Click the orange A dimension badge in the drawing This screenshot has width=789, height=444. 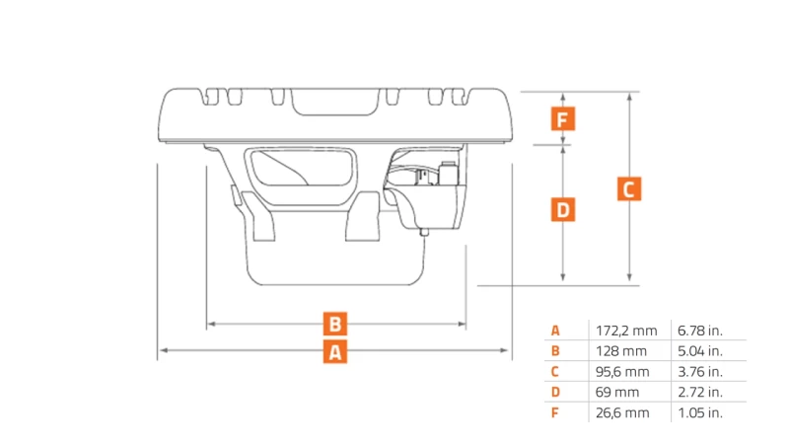335,351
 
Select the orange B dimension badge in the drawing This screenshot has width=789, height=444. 335,324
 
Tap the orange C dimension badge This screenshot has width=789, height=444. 629,188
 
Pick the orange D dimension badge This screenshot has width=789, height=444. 563,209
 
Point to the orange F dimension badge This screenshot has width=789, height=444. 563,118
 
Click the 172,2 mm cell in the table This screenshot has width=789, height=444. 626,331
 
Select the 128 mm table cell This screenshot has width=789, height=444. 621,351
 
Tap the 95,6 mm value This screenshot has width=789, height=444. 622,372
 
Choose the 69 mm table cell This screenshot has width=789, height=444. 617,392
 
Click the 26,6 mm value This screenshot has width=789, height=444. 622,412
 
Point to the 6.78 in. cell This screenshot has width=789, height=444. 700,331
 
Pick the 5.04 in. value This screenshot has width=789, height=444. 700,351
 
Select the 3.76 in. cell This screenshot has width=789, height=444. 700,372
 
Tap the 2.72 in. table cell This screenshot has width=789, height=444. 700,392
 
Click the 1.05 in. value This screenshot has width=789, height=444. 700,412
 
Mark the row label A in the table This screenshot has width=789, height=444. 555,331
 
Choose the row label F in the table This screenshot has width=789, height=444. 554,412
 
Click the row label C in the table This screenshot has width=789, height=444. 554,372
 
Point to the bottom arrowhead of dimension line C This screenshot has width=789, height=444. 629,277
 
